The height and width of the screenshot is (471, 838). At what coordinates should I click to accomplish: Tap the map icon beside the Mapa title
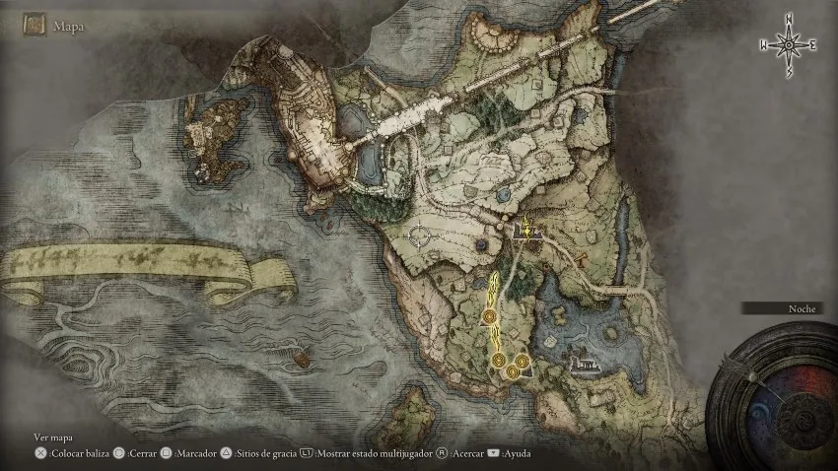point(36,26)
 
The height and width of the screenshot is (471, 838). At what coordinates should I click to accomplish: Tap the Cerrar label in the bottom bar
point(144,454)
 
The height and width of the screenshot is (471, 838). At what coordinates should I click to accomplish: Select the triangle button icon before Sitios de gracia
point(226,454)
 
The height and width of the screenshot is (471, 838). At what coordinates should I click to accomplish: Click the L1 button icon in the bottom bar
point(307,454)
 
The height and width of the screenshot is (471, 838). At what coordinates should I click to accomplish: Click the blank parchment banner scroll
point(148,271)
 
